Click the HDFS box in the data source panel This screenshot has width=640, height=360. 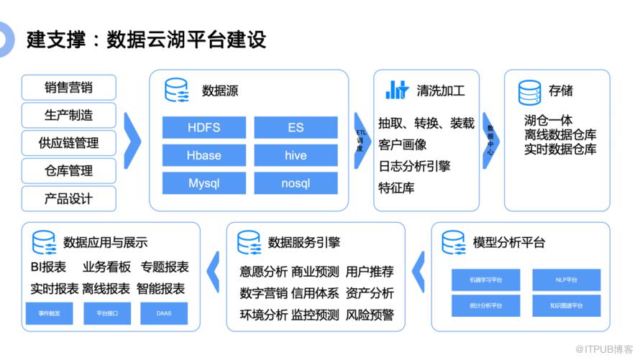(x=204, y=128)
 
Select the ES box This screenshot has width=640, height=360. (x=296, y=128)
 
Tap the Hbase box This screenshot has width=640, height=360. (x=204, y=155)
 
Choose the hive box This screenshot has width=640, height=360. (x=296, y=155)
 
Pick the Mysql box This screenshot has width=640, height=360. (x=204, y=183)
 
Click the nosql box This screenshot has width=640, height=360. (x=296, y=183)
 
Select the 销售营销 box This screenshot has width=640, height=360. (x=69, y=88)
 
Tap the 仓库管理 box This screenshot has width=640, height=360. (x=69, y=171)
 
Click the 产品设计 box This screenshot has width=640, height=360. (x=69, y=199)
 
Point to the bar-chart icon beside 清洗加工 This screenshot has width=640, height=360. (x=397, y=90)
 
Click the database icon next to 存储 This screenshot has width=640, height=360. (x=529, y=92)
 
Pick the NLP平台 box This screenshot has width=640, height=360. (x=567, y=280)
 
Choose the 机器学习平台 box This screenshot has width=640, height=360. (x=485, y=280)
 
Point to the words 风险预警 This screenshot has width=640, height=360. (x=370, y=315)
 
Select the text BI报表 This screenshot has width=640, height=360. (x=48, y=267)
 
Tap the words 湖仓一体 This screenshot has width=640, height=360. (x=549, y=120)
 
